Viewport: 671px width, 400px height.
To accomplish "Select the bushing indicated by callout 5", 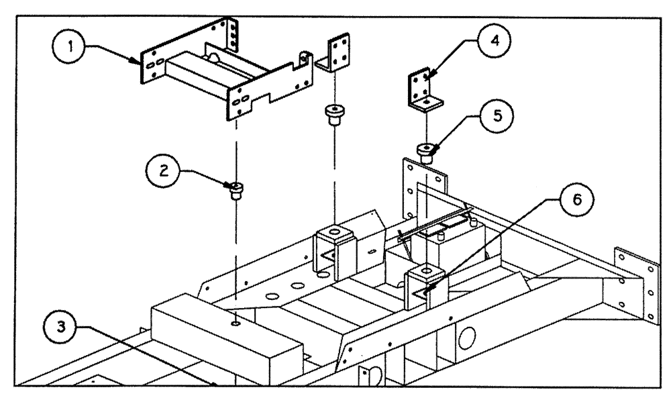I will click(425, 151).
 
